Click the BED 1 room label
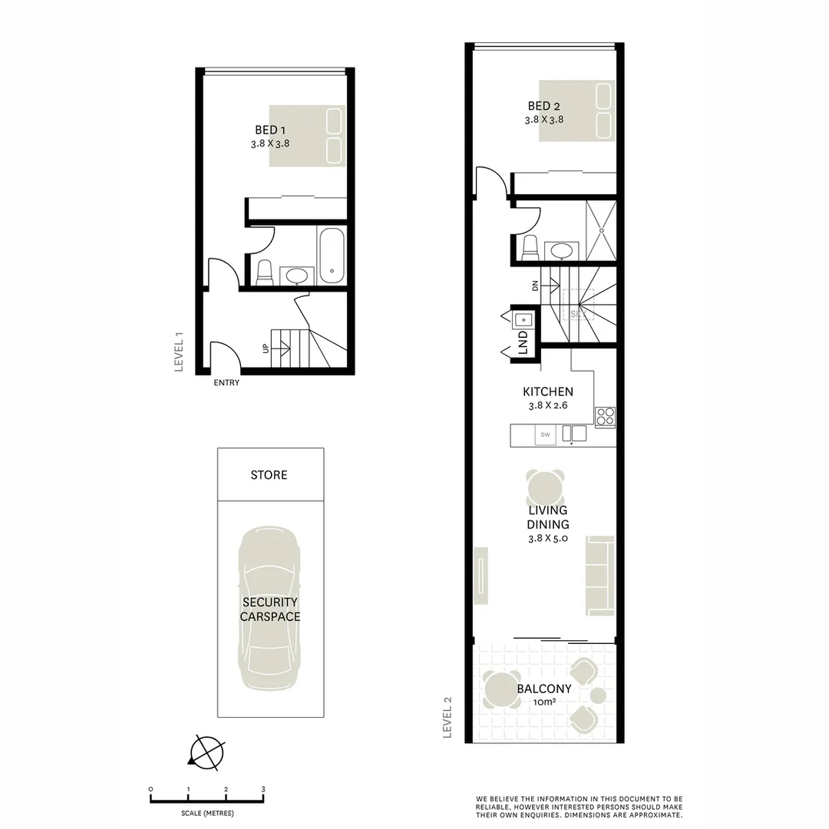pos(271,130)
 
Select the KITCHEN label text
pos(548,391)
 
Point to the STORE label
pos(269,475)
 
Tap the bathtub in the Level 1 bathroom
pos(332,255)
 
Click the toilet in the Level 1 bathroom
pos(264,272)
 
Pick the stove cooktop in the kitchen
pos(605,417)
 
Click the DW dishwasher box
pos(546,435)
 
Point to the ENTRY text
pos(226,382)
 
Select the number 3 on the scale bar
pos(263,789)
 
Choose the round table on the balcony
pos(500,689)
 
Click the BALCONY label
pos(543,689)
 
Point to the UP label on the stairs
pos(266,348)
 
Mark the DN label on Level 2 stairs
pos(534,286)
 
